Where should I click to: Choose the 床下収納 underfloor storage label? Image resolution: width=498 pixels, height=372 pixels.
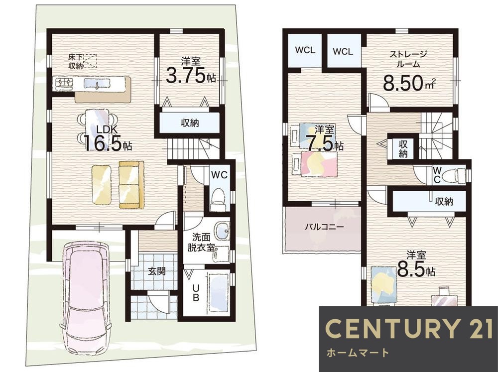click(x=76, y=61)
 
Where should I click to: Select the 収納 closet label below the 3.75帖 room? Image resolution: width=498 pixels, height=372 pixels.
click(x=190, y=123)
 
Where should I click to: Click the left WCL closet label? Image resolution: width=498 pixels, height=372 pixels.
click(x=303, y=50)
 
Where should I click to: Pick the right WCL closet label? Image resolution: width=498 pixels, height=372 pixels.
click(x=343, y=51)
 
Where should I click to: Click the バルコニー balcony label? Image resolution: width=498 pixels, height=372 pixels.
click(x=324, y=227)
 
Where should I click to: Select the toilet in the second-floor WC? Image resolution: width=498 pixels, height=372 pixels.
click(x=451, y=175)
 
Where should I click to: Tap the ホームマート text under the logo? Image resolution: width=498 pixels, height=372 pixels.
click(x=358, y=354)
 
